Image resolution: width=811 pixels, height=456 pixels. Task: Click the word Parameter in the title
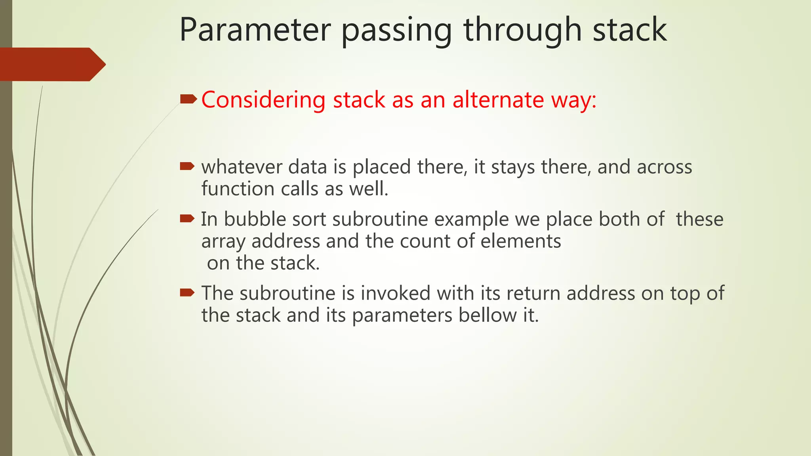coord(255,30)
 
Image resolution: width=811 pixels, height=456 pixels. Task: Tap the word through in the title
coord(522,30)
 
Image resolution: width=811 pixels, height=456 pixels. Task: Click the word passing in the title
coord(396,31)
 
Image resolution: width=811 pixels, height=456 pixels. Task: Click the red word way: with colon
coord(574,100)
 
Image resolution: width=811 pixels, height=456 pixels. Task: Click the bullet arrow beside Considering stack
coord(188,99)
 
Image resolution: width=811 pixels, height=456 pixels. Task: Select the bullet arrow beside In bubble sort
coord(187,218)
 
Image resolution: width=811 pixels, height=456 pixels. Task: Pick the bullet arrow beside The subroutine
coord(187,293)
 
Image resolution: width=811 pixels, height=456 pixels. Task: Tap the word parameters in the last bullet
coord(402,316)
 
